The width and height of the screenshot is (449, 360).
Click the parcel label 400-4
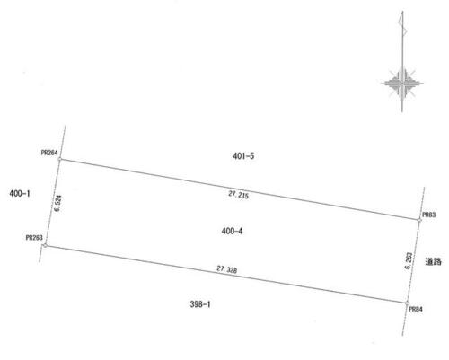[x=232, y=231]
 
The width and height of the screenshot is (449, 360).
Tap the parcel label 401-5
[x=243, y=156]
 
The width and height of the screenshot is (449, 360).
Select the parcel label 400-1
[x=20, y=194]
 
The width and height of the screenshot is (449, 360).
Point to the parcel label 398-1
[x=200, y=304]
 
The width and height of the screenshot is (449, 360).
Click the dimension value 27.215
[x=239, y=195]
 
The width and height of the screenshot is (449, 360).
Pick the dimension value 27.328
[x=227, y=269]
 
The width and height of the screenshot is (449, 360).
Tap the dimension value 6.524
[x=57, y=203]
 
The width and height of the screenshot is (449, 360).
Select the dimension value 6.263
[x=409, y=260]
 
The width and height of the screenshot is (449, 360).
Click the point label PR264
[x=49, y=153]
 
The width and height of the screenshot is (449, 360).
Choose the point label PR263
[x=34, y=238]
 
